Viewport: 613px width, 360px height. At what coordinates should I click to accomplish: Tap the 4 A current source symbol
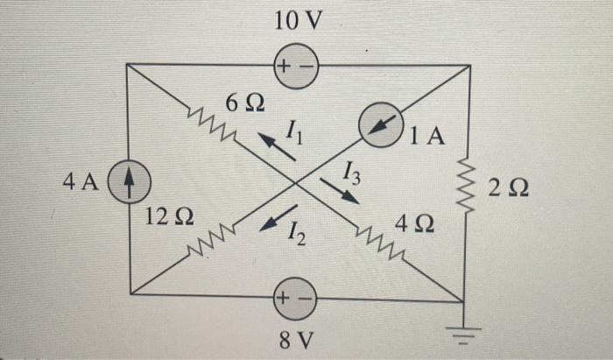coord(129,184)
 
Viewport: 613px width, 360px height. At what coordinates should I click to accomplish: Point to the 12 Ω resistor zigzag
coord(212,243)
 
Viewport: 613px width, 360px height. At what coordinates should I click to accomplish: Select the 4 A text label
coord(79,182)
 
